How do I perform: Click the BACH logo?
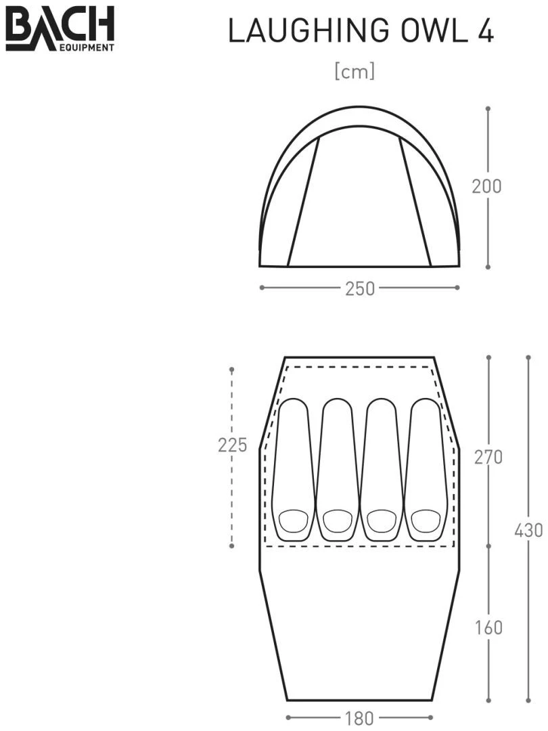(60, 28)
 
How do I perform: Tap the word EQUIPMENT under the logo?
(87, 47)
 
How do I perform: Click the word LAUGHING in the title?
(309, 31)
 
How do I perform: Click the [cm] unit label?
(355, 72)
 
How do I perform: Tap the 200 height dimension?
(486, 186)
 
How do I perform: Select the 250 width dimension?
(360, 288)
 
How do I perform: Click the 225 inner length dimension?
(232, 445)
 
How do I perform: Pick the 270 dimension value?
(488, 457)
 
